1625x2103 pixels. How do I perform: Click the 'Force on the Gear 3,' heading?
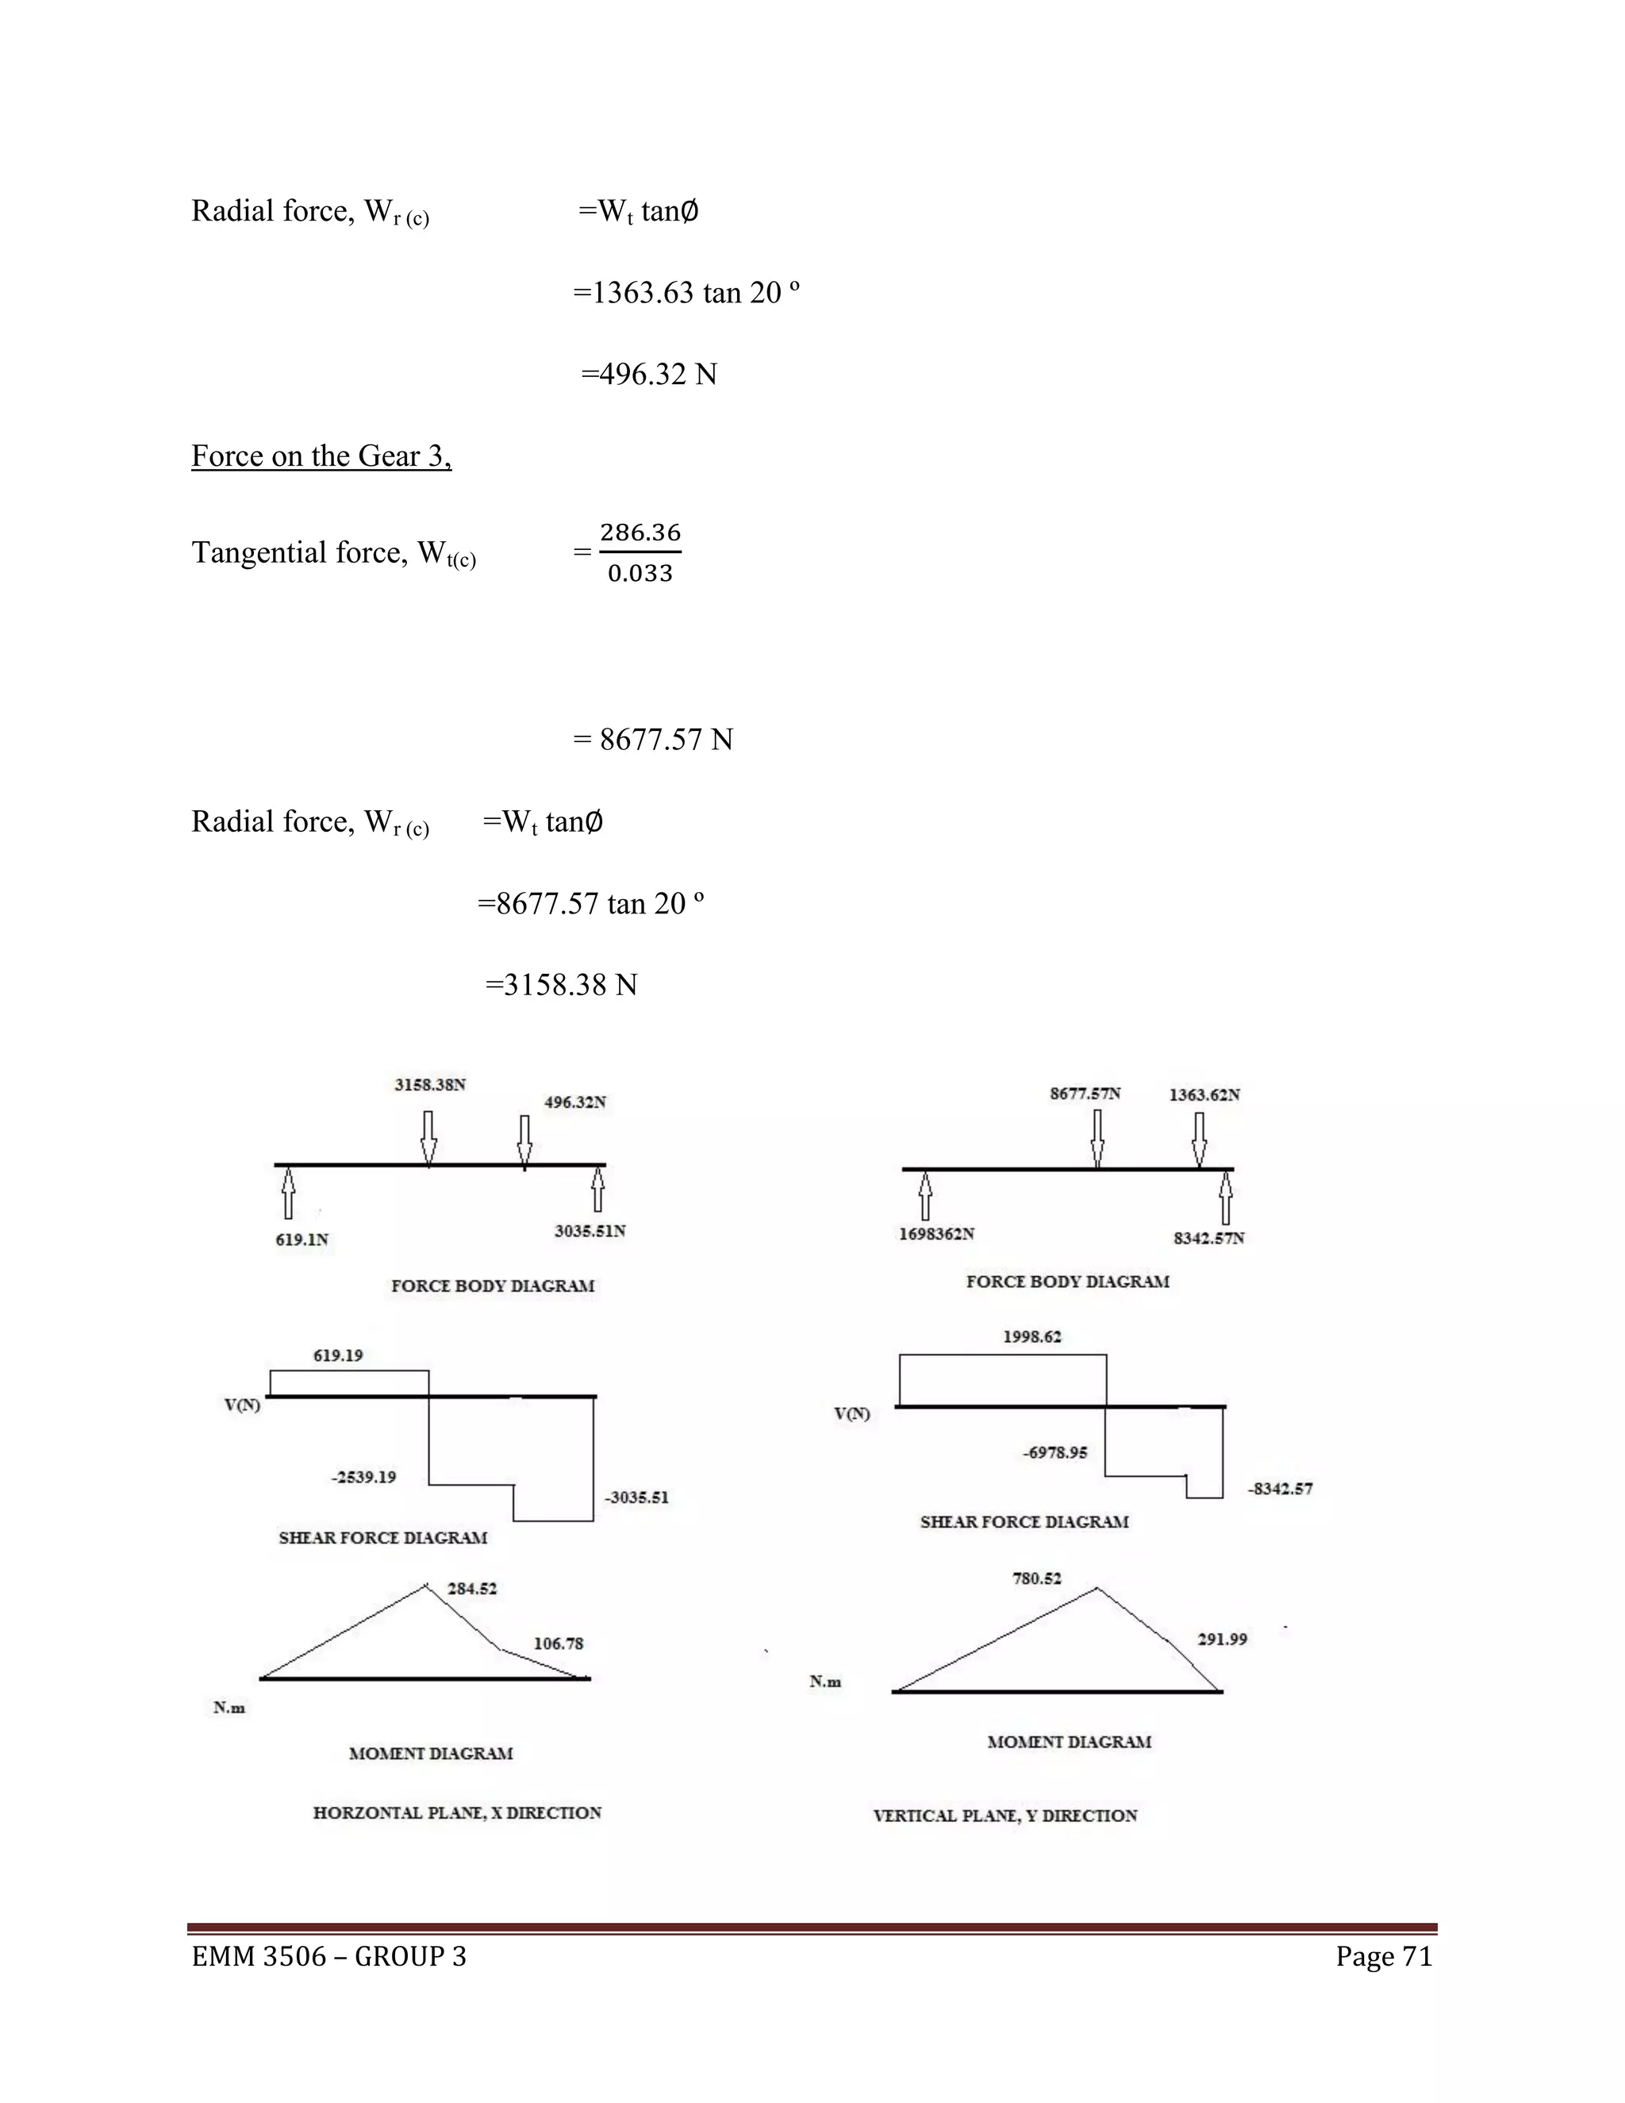click(321, 456)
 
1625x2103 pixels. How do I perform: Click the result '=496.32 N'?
click(649, 374)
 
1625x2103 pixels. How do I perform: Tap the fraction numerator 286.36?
click(640, 532)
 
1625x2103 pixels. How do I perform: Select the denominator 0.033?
click(640, 574)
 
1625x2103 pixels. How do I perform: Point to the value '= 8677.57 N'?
click(654, 740)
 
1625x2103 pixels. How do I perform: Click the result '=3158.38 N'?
click(561, 985)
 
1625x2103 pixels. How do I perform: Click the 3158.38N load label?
click(430, 1084)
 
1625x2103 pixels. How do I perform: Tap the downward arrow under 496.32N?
click(524, 1142)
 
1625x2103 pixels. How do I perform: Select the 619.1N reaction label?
click(302, 1240)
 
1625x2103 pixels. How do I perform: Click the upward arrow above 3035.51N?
click(597, 1190)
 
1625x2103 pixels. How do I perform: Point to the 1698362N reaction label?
click(937, 1233)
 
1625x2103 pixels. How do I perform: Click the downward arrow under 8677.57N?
click(1097, 1138)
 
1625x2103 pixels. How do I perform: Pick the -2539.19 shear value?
click(364, 1477)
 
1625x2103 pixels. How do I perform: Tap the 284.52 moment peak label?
click(472, 1589)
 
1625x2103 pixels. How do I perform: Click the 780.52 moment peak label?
click(1037, 1578)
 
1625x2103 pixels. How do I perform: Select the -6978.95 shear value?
click(1055, 1452)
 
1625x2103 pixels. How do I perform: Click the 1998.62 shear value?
click(1032, 1336)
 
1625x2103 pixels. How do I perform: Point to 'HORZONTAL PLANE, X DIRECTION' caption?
click(457, 1813)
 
